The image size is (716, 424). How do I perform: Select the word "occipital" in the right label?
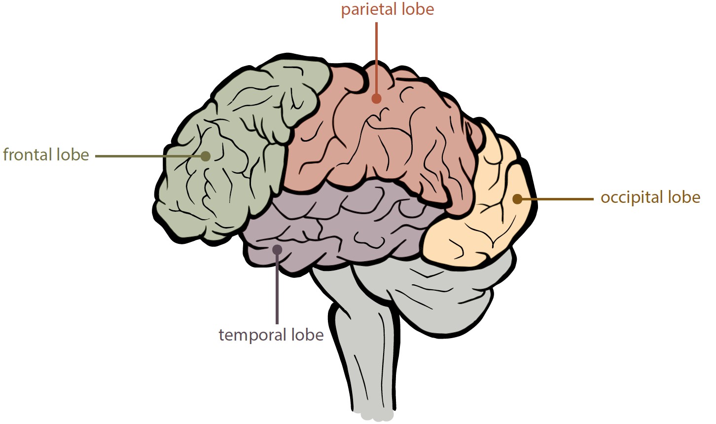click(632, 197)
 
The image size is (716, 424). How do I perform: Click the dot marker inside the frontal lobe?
click(206, 156)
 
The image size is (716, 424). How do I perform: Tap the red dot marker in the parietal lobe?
click(376, 99)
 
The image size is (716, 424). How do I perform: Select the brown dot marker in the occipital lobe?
click(517, 199)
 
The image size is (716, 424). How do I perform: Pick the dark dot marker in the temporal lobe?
click(277, 249)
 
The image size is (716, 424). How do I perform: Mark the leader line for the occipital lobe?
click(557, 199)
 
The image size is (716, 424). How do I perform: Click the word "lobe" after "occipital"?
click(684, 197)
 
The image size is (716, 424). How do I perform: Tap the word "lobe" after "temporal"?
click(307, 335)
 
